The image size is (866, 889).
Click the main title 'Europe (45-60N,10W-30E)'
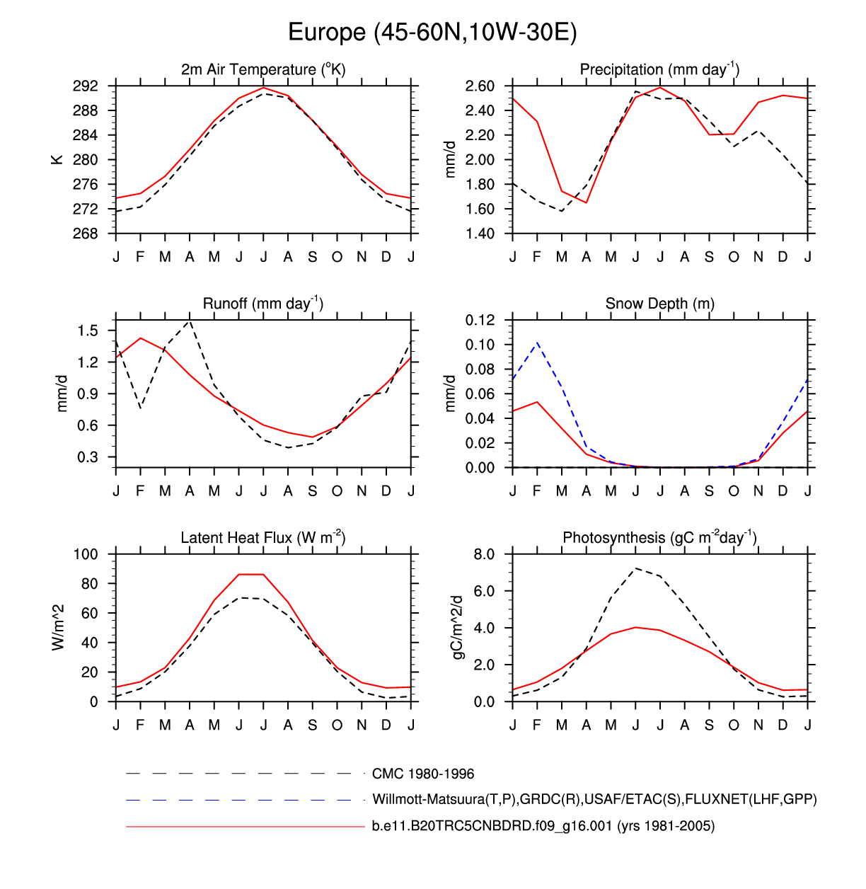[x=432, y=33]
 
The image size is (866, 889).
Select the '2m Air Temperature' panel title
[x=263, y=69]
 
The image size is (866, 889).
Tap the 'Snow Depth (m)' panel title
[x=659, y=304]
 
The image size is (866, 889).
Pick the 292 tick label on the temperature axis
[x=86, y=86]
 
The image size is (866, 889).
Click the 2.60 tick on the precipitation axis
[x=480, y=86]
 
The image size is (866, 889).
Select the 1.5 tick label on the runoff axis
[x=88, y=331]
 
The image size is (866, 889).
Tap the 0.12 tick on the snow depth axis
[x=480, y=320]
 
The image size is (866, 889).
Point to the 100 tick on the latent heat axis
[x=86, y=554]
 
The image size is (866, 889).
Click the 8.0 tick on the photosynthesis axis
[x=484, y=554]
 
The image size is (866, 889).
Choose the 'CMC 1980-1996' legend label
[x=423, y=774]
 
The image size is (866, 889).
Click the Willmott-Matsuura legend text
[x=594, y=800]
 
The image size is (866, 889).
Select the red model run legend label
[x=543, y=826]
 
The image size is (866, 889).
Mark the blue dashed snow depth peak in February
[x=538, y=343]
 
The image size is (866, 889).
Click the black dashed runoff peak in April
[x=190, y=321]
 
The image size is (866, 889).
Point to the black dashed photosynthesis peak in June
[x=636, y=568]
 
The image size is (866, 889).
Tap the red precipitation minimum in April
[x=587, y=202]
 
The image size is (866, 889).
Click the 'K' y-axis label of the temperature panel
[x=57, y=160]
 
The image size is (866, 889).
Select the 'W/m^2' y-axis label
[x=59, y=628]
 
